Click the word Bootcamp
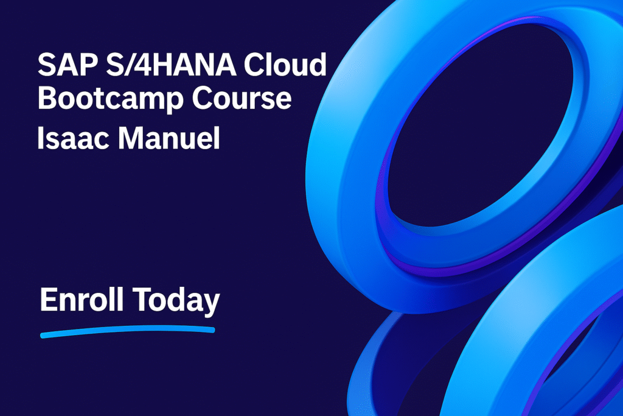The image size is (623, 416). tap(111, 98)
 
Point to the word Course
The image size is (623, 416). tap(242, 98)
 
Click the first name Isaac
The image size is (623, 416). tap(73, 138)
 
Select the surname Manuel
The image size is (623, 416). tap(169, 138)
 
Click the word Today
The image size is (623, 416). tap(176, 301)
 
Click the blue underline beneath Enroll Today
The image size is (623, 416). tap(128, 331)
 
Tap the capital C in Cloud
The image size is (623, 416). tap(254, 65)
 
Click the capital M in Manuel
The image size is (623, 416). tap(131, 138)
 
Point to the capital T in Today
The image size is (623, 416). tap(142, 299)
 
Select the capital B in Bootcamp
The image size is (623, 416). tap(47, 98)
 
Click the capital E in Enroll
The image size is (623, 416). tap(48, 299)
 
